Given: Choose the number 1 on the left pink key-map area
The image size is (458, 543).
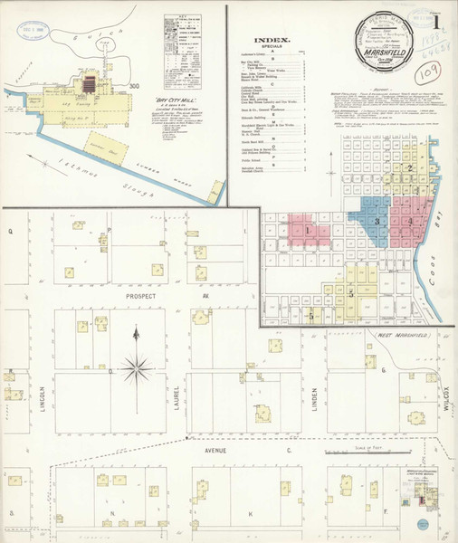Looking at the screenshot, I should tap(308, 231).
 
